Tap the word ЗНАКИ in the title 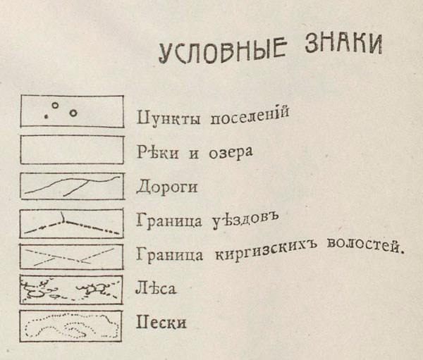(x=343, y=44)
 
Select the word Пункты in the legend (x=168, y=118)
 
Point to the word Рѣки (x=157, y=152)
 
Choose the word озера (x=231, y=153)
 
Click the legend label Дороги (x=167, y=187)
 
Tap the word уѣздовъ (x=244, y=221)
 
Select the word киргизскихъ (x=266, y=249)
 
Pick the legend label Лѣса (x=155, y=288)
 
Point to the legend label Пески (x=161, y=322)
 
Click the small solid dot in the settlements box (x=46, y=117)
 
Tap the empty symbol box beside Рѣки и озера (x=72, y=136)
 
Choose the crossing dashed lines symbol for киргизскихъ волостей (x=72, y=256)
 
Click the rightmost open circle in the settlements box (x=73, y=113)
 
